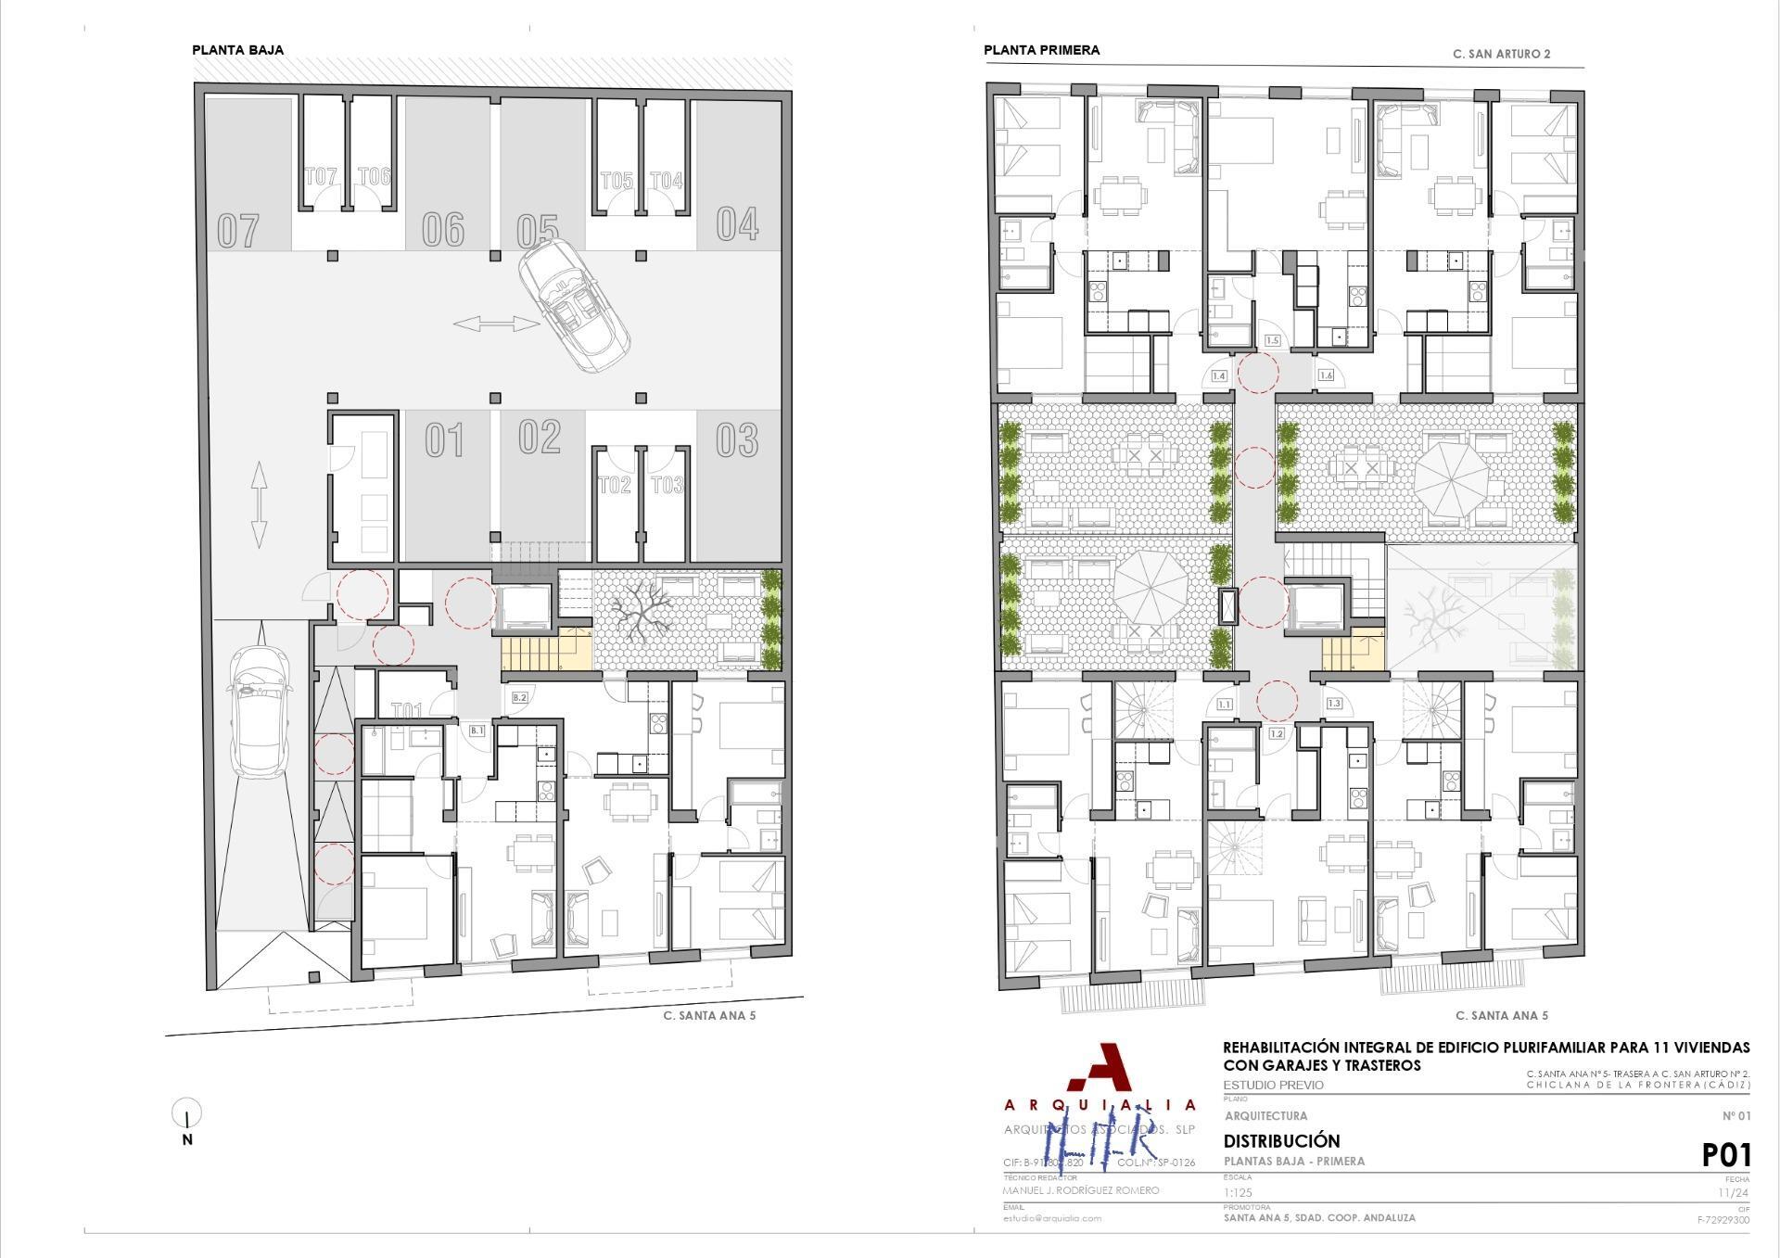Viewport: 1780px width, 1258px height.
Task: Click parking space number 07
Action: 238,231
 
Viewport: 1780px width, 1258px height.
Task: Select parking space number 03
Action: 737,439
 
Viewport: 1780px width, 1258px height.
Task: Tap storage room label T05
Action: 617,181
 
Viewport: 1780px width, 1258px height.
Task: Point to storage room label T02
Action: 615,485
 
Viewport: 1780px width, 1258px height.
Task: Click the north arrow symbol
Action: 187,1115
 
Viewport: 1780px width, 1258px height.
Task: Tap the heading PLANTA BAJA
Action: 237,50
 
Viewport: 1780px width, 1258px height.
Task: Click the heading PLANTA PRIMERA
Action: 1041,50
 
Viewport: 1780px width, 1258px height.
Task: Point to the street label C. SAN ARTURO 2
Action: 1501,54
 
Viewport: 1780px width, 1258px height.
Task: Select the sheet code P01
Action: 1725,1155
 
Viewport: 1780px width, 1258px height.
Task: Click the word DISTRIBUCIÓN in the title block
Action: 1281,1141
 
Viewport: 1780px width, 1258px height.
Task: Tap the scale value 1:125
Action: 1238,1192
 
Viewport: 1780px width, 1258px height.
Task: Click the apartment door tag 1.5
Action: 1272,341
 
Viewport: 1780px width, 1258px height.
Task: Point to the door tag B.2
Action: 519,697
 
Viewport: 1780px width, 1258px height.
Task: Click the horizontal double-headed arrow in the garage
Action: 497,324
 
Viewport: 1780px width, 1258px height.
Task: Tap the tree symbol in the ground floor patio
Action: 642,614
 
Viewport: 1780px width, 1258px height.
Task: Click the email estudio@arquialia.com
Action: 1052,1218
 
